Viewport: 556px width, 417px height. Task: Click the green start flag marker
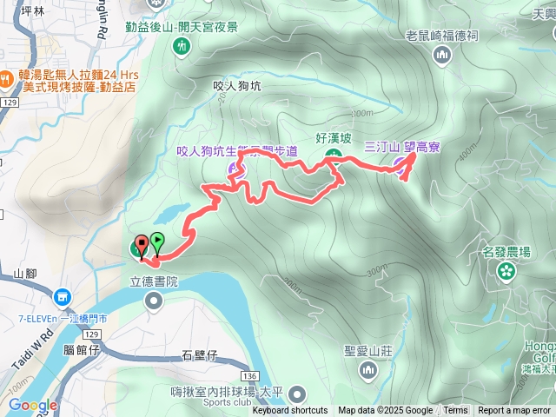157,242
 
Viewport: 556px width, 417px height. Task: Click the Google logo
32,405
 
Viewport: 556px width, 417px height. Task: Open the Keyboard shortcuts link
290,411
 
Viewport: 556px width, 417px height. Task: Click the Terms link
455,411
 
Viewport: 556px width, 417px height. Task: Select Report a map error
514,411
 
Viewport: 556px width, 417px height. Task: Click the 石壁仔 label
199,354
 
